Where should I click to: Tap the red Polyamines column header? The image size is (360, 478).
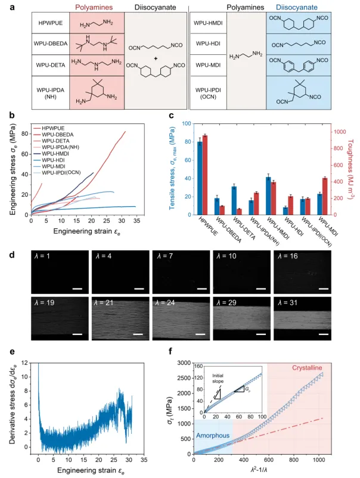click(x=97, y=8)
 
